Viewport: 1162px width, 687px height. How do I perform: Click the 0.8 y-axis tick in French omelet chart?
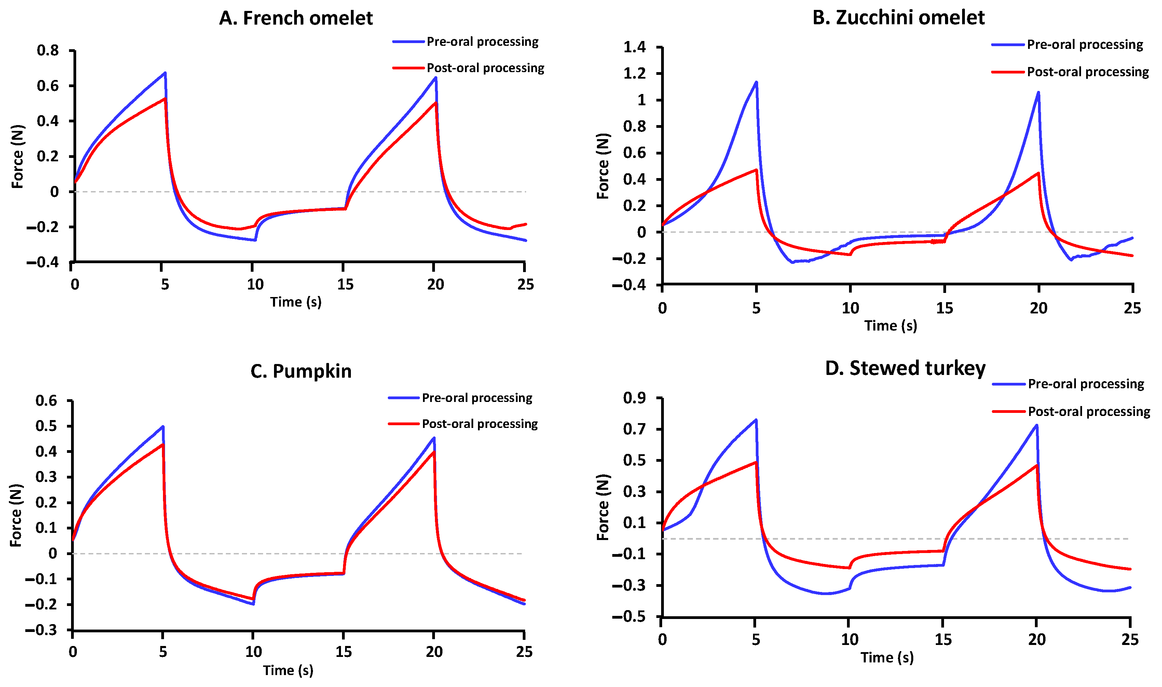[48, 51]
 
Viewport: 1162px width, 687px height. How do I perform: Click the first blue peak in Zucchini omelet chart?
[756, 82]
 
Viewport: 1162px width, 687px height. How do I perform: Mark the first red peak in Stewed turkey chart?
[756, 462]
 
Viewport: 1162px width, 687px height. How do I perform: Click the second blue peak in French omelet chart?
[436, 78]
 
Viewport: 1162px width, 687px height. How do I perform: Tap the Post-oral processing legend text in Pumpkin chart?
[480, 424]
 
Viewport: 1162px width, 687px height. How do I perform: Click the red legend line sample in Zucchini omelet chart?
[1008, 72]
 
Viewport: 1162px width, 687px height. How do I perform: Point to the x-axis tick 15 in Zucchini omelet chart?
[944, 308]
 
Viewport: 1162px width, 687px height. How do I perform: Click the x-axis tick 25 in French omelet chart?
[525, 284]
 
